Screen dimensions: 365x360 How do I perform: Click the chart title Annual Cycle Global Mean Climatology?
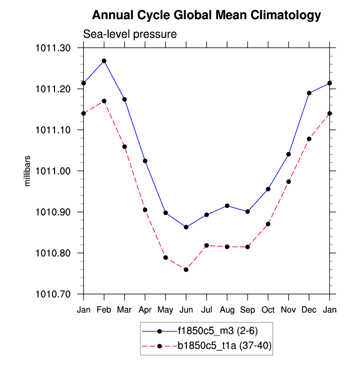coord(206,15)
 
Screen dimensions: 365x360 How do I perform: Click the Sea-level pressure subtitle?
coord(130,34)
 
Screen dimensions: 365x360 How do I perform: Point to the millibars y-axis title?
coord(28,171)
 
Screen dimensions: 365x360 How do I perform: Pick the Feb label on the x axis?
coord(104,310)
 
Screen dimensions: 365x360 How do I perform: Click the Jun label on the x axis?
coord(186,310)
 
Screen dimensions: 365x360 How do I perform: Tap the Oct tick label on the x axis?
coord(268,310)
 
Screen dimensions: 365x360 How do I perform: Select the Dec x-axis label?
coord(309,310)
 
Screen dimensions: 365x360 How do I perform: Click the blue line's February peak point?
coord(104,61)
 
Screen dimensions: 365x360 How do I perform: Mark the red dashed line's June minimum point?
coord(186,270)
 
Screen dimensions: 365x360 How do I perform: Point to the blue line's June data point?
coord(186,227)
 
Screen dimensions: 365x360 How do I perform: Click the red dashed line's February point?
coord(104,101)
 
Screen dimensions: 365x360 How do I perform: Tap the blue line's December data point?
coord(309,93)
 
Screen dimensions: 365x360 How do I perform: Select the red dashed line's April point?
coord(145,210)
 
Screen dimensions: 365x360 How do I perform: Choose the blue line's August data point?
coord(227,206)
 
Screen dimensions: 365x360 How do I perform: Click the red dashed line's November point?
coord(289,182)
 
